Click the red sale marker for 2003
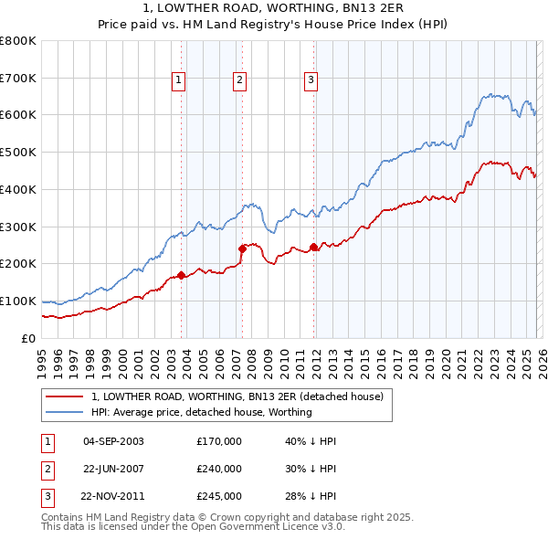[x=181, y=274]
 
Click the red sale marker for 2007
[x=242, y=248]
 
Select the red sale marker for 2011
[x=313, y=246]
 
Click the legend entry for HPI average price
[x=202, y=412]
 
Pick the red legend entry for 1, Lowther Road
[x=242, y=396]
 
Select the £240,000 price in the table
[x=219, y=469]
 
